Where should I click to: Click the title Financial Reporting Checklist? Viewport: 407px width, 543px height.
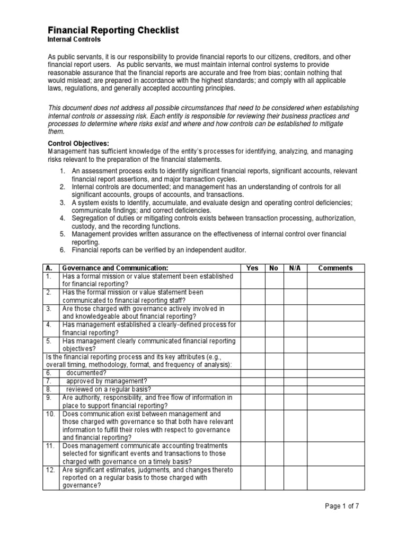click(113, 31)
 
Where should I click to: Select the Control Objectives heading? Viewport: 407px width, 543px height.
click(79, 144)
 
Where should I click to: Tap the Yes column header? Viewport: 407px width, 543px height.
click(253, 268)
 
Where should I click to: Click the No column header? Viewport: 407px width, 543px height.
click(273, 268)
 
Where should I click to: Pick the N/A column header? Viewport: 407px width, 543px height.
click(295, 268)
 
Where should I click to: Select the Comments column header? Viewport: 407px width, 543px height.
click(335, 268)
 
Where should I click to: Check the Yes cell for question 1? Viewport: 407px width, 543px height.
click(253, 280)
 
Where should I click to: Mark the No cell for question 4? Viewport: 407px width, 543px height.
click(273, 328)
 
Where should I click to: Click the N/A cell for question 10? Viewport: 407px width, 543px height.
click(295, 425)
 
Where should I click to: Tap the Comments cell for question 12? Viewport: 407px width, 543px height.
click(335, 478)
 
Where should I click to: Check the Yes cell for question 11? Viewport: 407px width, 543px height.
click(253, 453)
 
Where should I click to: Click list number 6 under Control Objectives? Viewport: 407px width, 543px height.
click(62, 250)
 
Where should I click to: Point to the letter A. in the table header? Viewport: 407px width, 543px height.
click(48, 268)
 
